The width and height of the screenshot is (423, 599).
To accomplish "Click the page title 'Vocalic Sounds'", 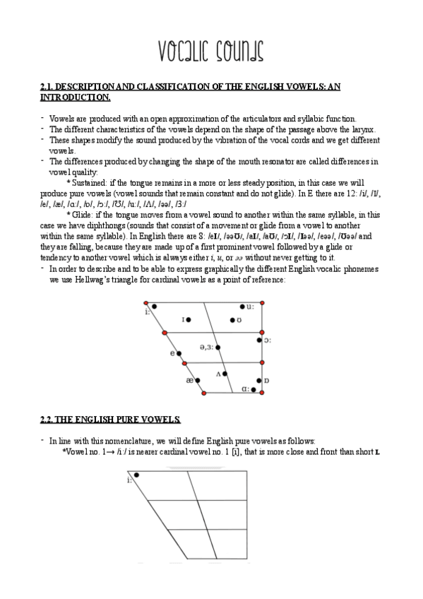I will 210,50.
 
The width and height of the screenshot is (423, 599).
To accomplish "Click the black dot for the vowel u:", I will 242,307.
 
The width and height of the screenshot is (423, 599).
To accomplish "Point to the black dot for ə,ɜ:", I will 217,347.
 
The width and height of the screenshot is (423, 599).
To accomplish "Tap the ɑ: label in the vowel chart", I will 245,389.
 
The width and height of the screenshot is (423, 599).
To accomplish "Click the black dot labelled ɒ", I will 259,381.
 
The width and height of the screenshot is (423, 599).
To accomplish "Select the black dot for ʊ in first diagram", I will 232,320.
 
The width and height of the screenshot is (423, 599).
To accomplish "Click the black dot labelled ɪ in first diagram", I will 189,320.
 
